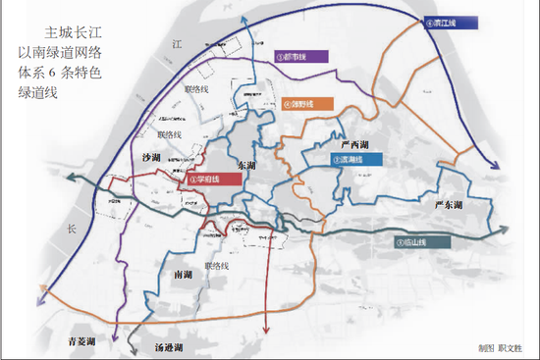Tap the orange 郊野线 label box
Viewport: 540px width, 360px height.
click(305, 102)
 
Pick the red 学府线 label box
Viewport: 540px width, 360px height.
click(214, 180)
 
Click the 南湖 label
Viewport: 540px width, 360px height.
click(181, 277)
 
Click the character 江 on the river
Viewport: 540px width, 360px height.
click(178, 44)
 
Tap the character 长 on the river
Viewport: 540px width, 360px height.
click(71, 229)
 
